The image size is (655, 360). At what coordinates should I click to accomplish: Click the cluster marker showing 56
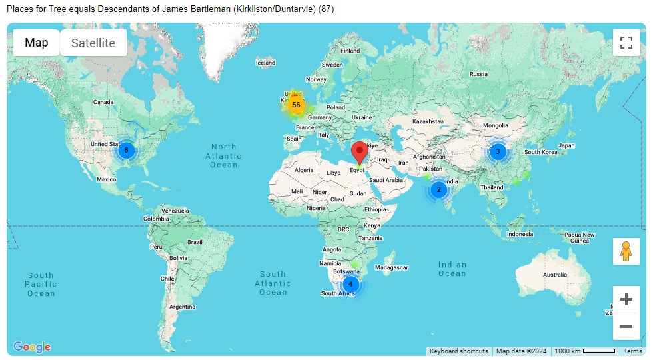(296, 105)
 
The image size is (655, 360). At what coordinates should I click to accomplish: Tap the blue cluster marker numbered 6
(126, 150)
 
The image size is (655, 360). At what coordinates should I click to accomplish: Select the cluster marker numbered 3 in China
(498, 151)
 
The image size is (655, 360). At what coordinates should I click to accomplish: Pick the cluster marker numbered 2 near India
(438, 189)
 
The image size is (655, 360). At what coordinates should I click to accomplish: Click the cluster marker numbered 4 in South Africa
(350, 285)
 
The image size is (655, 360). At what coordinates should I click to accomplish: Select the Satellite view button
(93, 43)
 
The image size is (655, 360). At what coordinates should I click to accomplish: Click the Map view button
(37, 43)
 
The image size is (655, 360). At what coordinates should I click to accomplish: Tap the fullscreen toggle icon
(626, 43)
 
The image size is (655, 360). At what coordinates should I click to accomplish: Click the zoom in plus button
(626, 300)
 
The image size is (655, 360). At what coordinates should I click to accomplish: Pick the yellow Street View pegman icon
(626, 251)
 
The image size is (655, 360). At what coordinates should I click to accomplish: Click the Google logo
(32, 347)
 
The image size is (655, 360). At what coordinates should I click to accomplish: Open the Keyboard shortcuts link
(458, 351)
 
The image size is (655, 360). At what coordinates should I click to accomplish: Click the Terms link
(632, 351)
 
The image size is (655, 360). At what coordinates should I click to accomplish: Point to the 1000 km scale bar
(585, 351)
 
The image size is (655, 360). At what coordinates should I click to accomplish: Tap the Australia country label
(554, 275)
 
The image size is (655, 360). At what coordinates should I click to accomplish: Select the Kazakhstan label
(428, 121)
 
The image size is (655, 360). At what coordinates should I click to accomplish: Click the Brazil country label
(195, 242)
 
